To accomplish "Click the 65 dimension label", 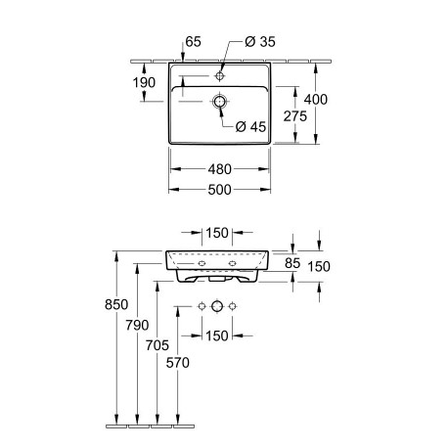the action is click(193, 42).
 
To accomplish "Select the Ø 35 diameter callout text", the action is click(260, 42).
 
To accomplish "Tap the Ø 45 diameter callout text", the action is click(250, 127).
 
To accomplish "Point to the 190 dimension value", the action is click(144, 83).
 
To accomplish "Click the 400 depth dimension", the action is click(316, 100).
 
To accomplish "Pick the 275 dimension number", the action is click(295, 116).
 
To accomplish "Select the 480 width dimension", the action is click(220, 169).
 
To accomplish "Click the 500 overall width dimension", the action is click(220, 190).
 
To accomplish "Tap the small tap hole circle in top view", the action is click(220, 76).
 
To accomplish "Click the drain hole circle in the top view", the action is click(220, 102).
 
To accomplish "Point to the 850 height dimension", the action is click(116, 304).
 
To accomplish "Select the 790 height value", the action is click(137, 325).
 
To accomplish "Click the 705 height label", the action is click(157, 345).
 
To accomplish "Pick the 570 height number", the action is click(178, 363).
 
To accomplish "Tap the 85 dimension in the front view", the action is click(292, 263).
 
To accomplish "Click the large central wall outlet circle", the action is click(217, 306).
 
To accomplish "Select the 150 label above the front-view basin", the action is click(217, 233).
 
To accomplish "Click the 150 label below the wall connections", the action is click(217, 336).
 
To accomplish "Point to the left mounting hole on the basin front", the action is click(202, 263).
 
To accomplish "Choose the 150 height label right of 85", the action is click(319, 267).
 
